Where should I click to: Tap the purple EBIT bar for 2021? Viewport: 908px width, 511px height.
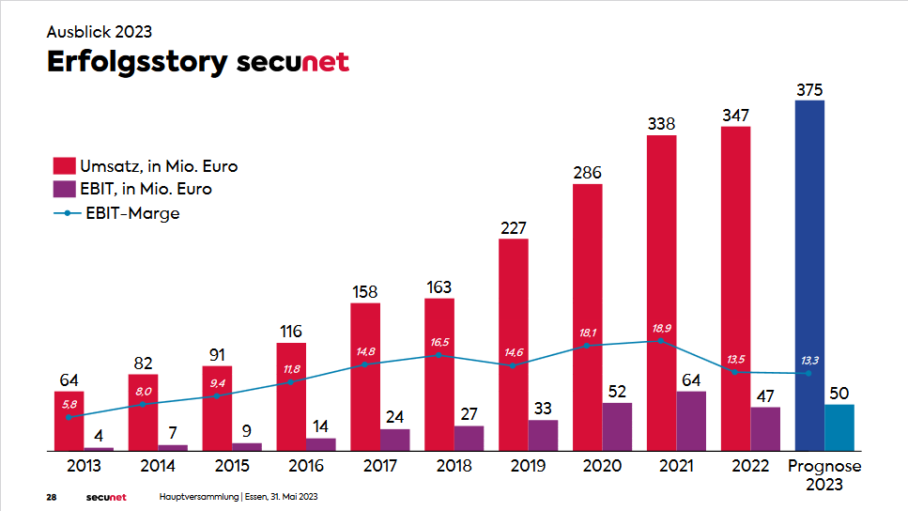point(691,421)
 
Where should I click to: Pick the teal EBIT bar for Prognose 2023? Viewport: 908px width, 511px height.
point(839,427)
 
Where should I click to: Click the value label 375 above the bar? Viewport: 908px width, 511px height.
point(809,90)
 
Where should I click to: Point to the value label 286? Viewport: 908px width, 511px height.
point(587,173)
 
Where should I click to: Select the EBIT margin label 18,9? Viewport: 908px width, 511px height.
point(661,328)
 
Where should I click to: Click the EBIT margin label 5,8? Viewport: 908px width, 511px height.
point(69,405)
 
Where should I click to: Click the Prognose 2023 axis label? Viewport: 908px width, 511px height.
point(823,475)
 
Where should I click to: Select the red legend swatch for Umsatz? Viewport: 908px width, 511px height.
point(63,166)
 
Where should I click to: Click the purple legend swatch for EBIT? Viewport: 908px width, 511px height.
point(63,189)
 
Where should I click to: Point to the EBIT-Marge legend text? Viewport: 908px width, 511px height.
point(132,213)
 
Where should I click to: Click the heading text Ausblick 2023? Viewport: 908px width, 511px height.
point(100,31)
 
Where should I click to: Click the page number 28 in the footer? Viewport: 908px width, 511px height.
point(53,496)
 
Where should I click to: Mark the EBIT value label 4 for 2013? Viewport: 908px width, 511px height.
point(99,437)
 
